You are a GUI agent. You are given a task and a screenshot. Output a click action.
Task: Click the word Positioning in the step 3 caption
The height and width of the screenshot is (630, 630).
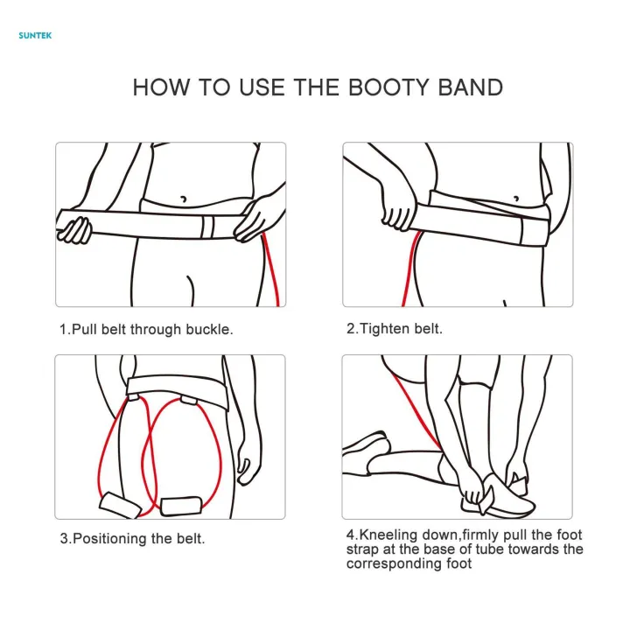[116, 539]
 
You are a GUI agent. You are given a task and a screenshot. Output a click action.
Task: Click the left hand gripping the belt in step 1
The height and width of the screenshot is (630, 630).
[75, 229]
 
